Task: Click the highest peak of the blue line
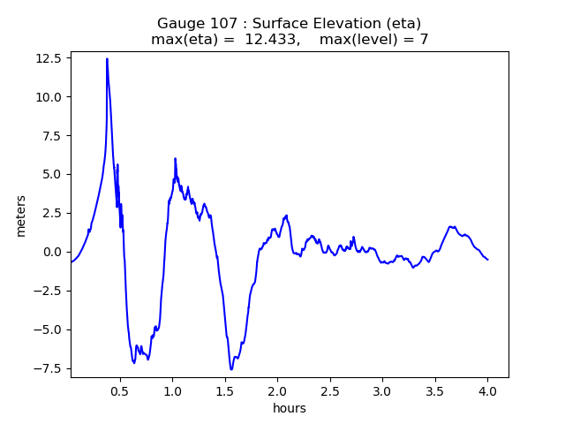(107, 59)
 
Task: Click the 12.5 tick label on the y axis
(48, 58)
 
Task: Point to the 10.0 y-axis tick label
(48, 97)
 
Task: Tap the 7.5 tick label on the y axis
(51, 136)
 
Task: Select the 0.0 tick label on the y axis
(51, 252)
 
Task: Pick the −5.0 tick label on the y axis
(48, 329)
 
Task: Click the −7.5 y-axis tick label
(48, 368)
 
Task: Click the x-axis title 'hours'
(290, 408)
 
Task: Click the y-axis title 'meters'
(21, 215)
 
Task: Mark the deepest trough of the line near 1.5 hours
(231, 369)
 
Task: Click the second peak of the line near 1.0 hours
(175, 159)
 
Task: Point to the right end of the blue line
(487, 260)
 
